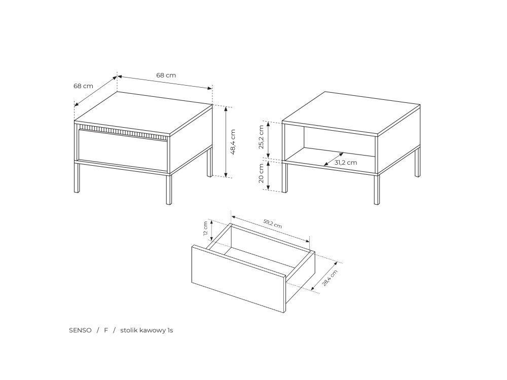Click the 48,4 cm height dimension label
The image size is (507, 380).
233,142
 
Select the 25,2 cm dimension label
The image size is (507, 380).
261,137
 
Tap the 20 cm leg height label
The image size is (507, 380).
261,173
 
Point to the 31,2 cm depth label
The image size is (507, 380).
346,163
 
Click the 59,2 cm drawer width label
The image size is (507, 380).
272,223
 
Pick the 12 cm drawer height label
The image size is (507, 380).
205,229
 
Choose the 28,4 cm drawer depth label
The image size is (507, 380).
330,278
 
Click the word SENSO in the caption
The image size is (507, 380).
80,330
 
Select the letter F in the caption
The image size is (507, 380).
106,330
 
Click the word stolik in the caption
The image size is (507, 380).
130,330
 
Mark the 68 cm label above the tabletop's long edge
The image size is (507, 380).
166,75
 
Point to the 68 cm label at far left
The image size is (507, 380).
83,86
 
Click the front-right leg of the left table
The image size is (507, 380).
169,189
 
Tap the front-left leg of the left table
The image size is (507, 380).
77,178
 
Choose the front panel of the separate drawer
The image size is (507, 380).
239,279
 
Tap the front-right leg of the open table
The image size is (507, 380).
377,189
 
